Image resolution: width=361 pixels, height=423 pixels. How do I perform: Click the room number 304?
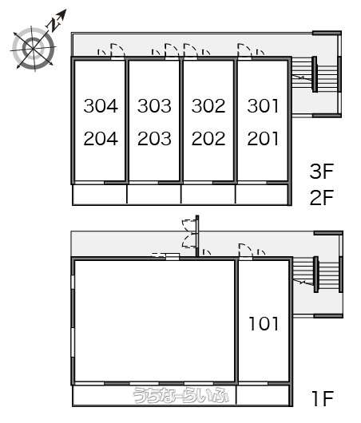101,105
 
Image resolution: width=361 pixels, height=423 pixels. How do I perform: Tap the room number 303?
154,105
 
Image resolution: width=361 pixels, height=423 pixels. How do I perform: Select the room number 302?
208,105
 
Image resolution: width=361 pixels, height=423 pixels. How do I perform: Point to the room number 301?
263,105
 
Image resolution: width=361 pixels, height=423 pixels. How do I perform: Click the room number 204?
101,139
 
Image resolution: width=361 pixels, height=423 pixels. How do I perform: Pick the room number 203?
154,139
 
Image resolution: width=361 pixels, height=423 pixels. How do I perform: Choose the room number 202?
208,139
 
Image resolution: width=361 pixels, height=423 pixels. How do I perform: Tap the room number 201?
263,139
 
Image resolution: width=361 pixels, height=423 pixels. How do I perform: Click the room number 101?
264,323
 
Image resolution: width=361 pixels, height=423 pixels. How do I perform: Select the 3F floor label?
322,171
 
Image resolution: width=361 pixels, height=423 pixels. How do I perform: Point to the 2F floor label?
322,197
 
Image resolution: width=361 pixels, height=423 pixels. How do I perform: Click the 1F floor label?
323,398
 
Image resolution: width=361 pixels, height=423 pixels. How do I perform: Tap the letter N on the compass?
54,24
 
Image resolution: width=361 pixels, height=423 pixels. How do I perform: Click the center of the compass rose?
34,49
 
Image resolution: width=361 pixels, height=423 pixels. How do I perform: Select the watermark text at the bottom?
181,396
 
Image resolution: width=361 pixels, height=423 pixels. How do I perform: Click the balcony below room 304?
100,194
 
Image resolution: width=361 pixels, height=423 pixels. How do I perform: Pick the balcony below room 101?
263,395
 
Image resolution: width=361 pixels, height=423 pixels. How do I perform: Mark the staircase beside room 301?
316,74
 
